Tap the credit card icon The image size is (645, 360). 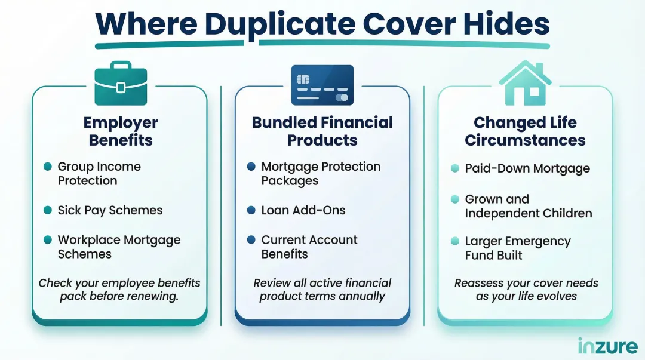point(322,85)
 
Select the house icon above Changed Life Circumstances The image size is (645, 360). point(525,84)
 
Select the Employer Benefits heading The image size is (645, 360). point(120,131)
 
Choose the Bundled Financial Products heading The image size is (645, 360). point(322,131)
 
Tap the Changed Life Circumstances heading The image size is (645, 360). point(525,131)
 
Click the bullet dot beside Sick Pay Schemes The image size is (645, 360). point(47,210)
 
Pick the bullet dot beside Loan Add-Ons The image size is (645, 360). point(251,210)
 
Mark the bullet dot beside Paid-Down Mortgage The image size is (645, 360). point(454,169)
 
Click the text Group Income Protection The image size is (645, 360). point(99,174)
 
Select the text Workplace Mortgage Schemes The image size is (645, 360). point(119,247)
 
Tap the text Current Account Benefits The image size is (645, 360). point(309,247)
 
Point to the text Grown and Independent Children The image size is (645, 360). point(528,206)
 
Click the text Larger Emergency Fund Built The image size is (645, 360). point(518,248)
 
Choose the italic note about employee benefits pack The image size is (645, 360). point(119,290)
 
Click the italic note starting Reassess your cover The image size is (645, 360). point(526,290)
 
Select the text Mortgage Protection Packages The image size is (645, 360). point(321,174)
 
